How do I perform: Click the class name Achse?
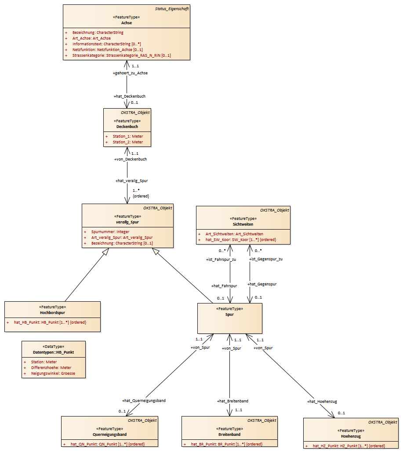127,23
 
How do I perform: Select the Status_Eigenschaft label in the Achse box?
172,9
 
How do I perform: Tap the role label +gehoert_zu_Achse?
130,73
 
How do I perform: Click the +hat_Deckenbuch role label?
130,96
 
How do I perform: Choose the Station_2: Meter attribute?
127,142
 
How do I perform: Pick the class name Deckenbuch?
127,127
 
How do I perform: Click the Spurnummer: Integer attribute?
110,231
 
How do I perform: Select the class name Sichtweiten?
243,224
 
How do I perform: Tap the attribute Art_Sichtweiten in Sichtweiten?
234,234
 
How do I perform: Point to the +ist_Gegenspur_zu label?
266,259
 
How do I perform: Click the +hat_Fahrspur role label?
224,285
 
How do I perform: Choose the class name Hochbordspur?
52,313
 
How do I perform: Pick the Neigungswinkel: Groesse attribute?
53,373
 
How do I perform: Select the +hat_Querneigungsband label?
144,401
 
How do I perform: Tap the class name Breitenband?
230,434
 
